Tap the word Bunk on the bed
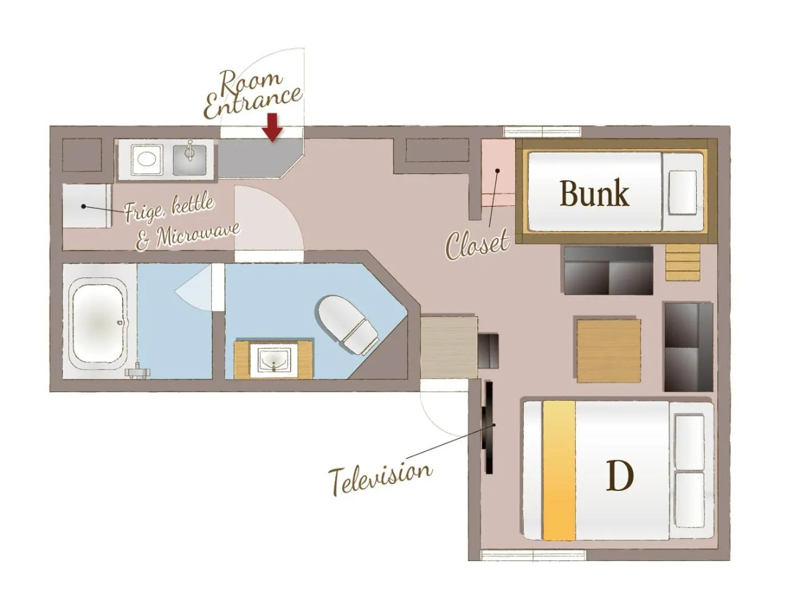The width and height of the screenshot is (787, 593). click(x=594, y=193)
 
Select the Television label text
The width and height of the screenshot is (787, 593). click(x=380, y=475)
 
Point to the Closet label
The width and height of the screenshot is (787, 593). click(x=477, y=244)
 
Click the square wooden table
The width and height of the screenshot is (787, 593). click(x=608, y=350)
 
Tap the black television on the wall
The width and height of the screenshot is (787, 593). click(x=488, y=427)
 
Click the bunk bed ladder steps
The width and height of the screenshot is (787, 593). click(x=682, y=262)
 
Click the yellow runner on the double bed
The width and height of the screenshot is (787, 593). click(x=559, y=471)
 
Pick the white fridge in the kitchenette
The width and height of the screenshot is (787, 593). click(x=86, y=206)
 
